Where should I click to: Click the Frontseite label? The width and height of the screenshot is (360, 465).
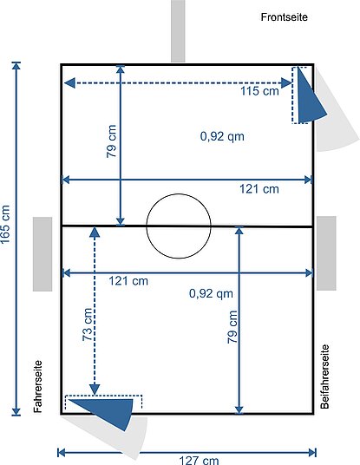(x=284, y=17)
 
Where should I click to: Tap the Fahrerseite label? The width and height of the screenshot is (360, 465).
(x=38, y=386)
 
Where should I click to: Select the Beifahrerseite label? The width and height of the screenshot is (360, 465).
(x=325, y=377)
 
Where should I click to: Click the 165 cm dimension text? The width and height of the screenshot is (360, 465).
(x=5, y=224)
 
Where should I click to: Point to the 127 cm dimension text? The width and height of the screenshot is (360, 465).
(x=199, y=461)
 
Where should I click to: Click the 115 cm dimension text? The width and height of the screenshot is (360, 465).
(x=259, y=91)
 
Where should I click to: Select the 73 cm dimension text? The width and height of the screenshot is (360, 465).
(x=88, y=324)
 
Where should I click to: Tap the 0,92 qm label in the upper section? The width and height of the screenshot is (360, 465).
(x=222, y=136)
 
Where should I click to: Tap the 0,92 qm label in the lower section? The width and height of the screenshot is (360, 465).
(x=211, y=293)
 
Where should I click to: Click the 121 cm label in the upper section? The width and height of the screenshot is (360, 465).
(x=259, y=189)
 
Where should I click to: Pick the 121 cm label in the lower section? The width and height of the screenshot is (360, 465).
(x=128, y=281)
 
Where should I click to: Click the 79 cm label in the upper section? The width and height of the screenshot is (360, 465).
(x=112, y=141)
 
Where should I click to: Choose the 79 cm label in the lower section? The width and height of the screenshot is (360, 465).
(x=232, y=327)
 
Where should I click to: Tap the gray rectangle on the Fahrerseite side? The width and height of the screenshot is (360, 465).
(x=43, y=254)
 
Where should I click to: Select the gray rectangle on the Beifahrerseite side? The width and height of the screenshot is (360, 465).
(x=326, y=253)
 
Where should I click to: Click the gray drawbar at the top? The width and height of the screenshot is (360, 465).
(x=178, y=31)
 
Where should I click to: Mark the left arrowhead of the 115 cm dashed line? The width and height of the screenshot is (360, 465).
(x=70, y=83)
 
